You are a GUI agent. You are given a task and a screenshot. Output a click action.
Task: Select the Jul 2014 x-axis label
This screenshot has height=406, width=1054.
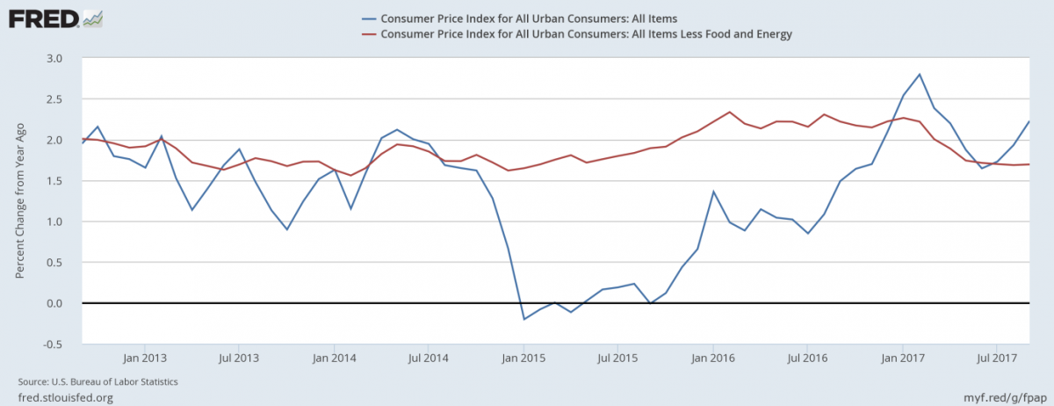[x=428, y=359]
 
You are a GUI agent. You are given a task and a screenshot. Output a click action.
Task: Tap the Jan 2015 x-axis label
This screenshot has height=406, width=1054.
[x=523, y=359]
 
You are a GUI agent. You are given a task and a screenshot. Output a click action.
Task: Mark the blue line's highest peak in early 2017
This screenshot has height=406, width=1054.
[x=919, y=74]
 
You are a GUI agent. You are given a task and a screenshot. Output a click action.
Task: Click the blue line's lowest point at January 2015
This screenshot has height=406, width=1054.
[x=524, y=319]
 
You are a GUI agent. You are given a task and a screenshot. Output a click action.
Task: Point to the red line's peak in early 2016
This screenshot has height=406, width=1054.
[x=730, y=112]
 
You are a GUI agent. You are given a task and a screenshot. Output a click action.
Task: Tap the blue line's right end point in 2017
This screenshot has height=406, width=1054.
[x=1029, y=121]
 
